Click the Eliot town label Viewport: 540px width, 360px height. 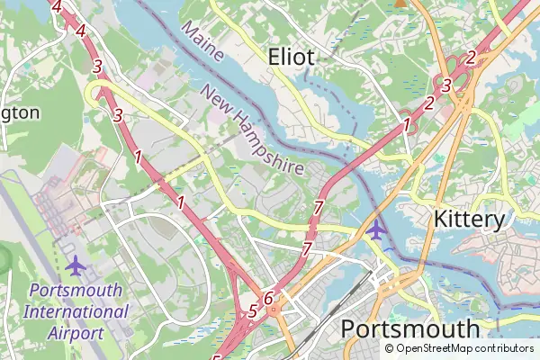click(292, 58)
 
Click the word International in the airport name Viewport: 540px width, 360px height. click(76, 312)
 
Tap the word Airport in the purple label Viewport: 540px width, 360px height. click(76, 333)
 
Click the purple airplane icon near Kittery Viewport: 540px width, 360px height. click(377, 229)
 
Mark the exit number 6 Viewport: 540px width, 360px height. click(267, 298)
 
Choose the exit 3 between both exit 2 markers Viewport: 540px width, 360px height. click(446, 85)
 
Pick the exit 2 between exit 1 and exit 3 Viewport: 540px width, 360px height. click(429, 103)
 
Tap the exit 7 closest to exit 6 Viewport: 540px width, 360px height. click(307, 248)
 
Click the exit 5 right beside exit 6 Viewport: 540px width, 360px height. click(252, 311)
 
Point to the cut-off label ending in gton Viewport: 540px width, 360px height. click(20, 112)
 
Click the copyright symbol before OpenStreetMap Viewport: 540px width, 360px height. click(390, 348)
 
